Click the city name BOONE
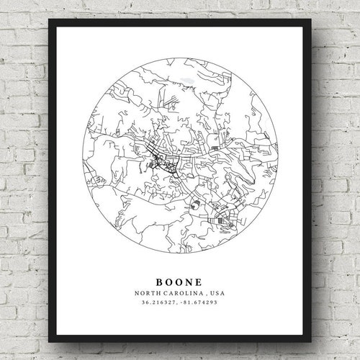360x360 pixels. coord(180,278)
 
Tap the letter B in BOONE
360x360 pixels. coord(158,278)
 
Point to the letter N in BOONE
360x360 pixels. coord(191,278)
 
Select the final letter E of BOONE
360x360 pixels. coord(202,278)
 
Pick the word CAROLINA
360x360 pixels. coord(182,292)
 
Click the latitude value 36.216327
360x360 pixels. coord(157,302)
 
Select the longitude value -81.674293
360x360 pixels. coord(199,302)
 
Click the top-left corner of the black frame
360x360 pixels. coord(50,20)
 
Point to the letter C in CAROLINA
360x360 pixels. coord(165,292)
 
